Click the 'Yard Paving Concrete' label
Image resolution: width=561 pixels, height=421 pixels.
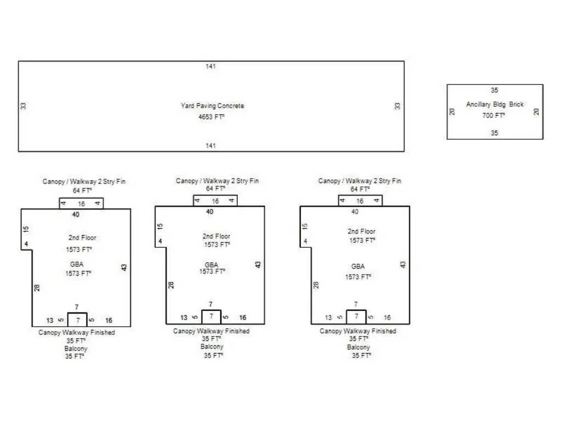click(x=213, y=106)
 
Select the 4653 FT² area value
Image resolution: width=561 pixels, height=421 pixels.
click(x=211, y=117)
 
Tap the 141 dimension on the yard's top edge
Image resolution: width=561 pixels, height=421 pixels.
click(x=211, y=66)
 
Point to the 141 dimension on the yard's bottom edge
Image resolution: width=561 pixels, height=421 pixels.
click(x=211, y=146)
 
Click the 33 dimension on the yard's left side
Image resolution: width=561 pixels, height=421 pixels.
click(x=24, y=106)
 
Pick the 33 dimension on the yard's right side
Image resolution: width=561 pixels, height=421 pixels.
click(x=398, y=106)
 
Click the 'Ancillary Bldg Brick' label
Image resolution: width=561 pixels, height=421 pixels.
click(x=495, y=104)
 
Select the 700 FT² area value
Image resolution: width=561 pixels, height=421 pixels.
click(x=493, y=115)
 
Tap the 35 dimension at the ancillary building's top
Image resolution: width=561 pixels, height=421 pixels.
click(x=494, y=90)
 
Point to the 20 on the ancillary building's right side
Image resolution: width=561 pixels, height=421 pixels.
click(x=536, y=111)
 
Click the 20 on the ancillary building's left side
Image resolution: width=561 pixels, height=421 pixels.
click(x=453, y=111)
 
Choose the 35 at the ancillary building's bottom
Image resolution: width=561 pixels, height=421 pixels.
click(x=494, y=133)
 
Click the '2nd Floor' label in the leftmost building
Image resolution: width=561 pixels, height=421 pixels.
click(x=82, y=238)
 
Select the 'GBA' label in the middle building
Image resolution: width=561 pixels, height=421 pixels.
click(x=211, y=265)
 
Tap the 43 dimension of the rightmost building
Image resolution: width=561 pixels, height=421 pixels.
click(x=403, y=264)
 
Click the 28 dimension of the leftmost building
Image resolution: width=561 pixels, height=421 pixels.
click(x=37, y=287)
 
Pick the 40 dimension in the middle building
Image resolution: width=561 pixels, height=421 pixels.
click(x=210, y=212)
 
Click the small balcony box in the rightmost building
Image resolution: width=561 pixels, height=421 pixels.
click(x=356, y=317)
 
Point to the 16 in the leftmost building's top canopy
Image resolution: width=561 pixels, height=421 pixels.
click(x=82, y=204)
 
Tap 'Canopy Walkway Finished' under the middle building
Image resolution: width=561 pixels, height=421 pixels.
click(x=211, y=331)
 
